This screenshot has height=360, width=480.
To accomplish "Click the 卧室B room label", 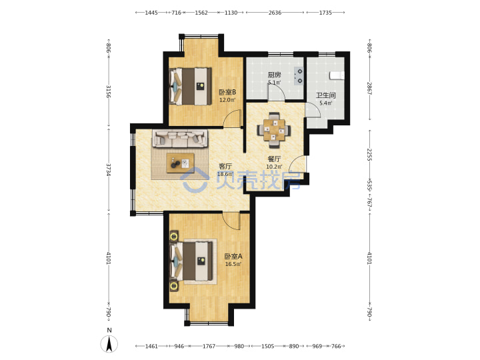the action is tap(227, 92).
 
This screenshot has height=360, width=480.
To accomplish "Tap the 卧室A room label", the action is tap(233, 256).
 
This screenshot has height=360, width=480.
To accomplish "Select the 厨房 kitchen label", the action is tap(274, 75).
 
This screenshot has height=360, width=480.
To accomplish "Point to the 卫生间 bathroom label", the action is tap(326, 95).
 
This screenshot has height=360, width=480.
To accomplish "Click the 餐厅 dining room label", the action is tap(274, 159).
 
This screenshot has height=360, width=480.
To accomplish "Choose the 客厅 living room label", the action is tap(225, 166).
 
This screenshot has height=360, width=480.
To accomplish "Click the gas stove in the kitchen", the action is tap(299, 76).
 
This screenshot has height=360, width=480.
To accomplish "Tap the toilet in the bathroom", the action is tap(337, 75).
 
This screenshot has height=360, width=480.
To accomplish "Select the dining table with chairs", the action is tap(274, 131).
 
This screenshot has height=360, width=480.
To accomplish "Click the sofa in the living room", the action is tap(180, 139).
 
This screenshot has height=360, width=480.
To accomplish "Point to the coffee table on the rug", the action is tap(180, 163).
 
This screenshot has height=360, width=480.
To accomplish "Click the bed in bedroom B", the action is tap(191, 86).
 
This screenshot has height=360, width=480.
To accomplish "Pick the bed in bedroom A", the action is tap(191, 261).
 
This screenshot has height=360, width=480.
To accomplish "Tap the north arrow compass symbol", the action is tap(109, 344).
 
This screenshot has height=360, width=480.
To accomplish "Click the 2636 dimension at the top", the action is tap(275, 13).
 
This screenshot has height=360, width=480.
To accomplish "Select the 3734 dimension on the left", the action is tap(109, 169).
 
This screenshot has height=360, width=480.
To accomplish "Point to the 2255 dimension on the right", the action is tap(369, 155).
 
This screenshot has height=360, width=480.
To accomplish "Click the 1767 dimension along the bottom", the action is tap(209, 346).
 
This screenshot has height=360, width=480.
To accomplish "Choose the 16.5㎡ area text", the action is tap(233, 264).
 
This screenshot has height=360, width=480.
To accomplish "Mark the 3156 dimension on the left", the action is tap(109, 91).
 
